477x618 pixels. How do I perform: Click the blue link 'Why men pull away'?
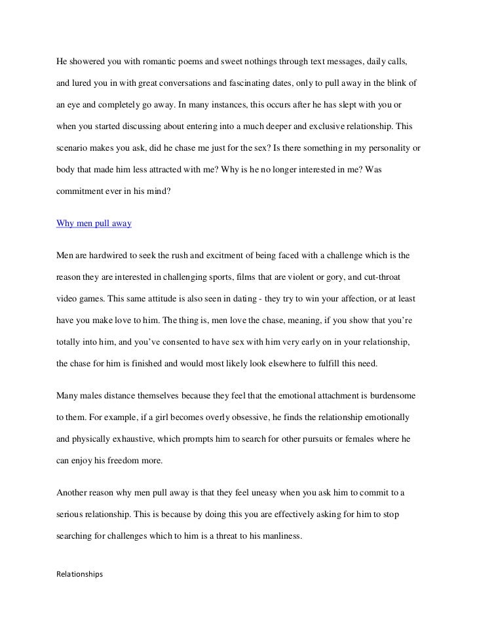94,223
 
